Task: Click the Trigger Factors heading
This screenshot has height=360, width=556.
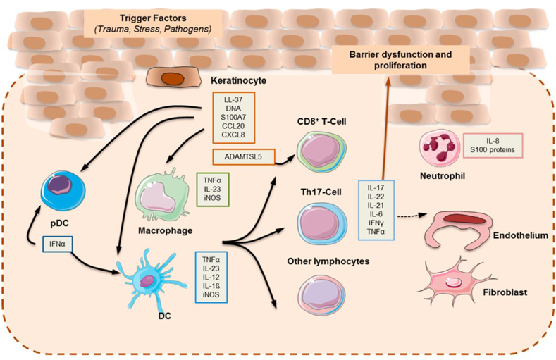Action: click(153, 18)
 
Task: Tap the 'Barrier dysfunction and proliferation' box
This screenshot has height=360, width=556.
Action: click(400, 59)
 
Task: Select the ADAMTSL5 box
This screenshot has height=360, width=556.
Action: click(244, 157)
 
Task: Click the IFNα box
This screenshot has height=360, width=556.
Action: click(58, 244)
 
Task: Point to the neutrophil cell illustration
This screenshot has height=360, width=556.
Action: click(439, 147)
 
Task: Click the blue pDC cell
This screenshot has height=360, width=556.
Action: click(63, 191)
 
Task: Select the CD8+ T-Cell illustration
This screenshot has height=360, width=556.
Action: click(321, 151)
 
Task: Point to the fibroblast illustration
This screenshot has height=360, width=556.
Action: click(455, 281)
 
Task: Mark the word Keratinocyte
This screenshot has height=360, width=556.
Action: click(239, 81)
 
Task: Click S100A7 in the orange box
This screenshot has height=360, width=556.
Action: click(233, 117)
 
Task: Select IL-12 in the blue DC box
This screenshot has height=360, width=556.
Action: click(211, 277)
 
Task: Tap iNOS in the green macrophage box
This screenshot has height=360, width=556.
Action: click(212, 198)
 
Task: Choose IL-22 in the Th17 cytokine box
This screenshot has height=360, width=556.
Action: click(376, 197)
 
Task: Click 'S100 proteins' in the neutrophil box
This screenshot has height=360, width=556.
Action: click(493, 150)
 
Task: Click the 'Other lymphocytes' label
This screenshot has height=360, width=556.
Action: click(328, 261)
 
